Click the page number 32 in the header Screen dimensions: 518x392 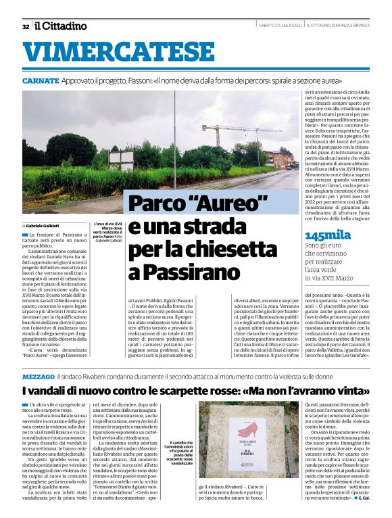click(25, 27)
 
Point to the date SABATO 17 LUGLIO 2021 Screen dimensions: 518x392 click(279, 26)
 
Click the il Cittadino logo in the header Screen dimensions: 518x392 click(62, 26)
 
